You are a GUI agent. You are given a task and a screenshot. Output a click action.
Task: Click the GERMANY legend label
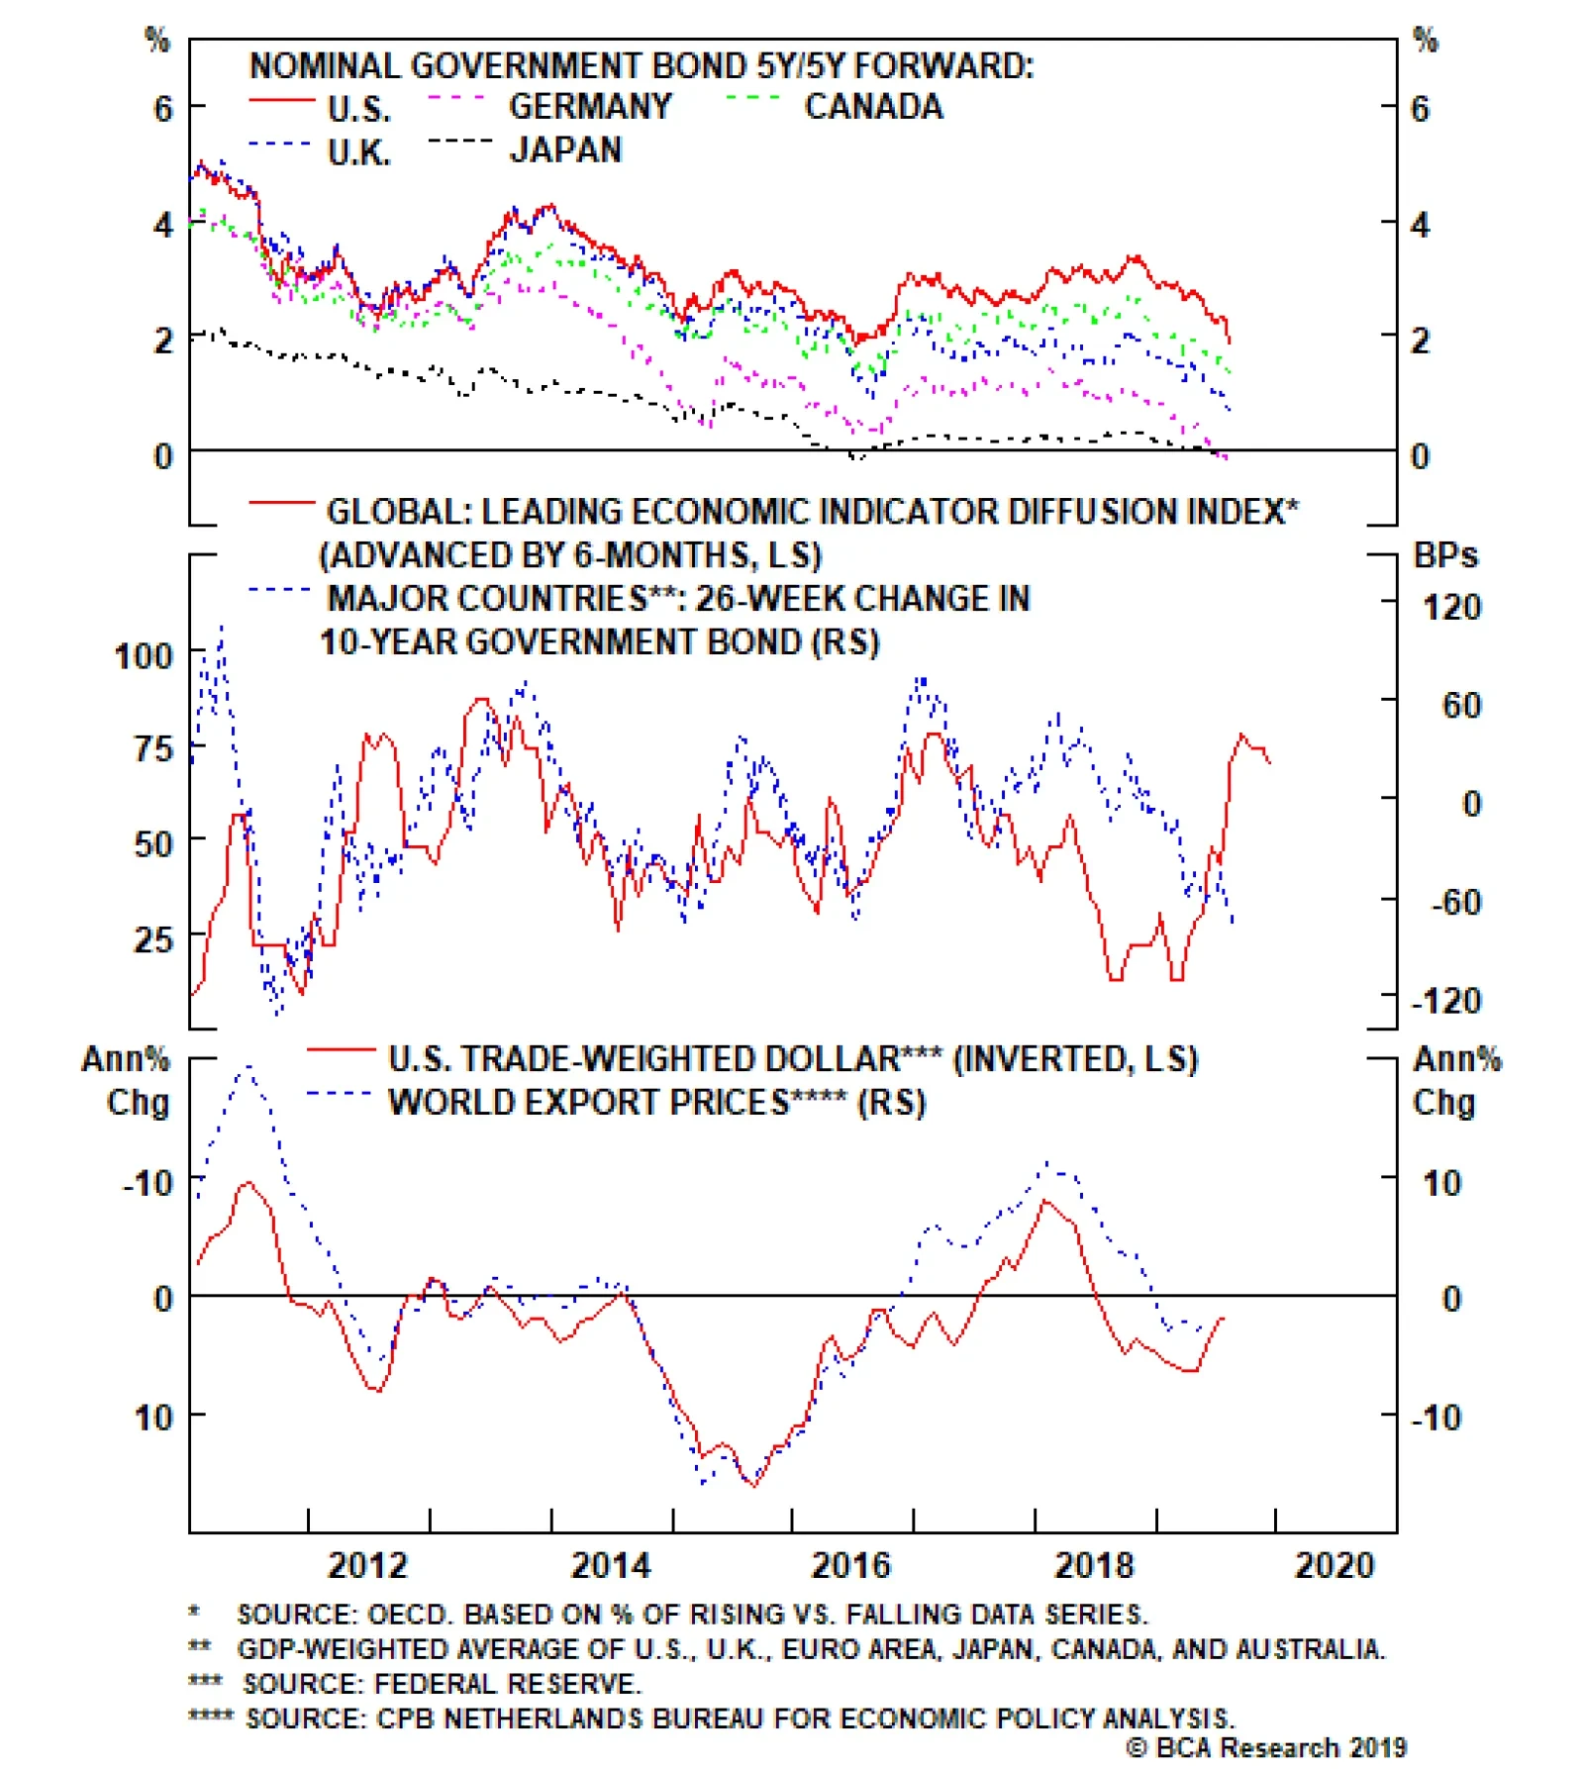tap(590, 106)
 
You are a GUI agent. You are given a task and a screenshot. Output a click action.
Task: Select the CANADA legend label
tap(873, 106)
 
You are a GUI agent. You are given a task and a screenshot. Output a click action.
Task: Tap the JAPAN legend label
tap(565, 149)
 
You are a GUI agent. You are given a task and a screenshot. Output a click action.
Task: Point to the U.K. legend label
tap(359, 152)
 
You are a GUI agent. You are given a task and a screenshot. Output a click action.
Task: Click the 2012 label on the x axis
tap(367, 1565)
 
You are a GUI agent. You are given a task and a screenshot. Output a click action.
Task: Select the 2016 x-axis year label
tap(850, 1565)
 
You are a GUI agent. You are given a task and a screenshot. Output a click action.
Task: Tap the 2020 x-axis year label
tap(1335, 1565)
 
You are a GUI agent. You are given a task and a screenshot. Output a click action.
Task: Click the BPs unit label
tap(1445, 555)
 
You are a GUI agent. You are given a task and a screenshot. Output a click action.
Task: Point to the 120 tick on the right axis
tap(1451, 606)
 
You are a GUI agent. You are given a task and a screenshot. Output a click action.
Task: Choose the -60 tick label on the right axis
tap(1455, 902)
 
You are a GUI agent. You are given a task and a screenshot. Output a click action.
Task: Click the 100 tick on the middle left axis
tap(144, 655)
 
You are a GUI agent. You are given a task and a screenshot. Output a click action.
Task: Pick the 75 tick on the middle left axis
tap(152, 748)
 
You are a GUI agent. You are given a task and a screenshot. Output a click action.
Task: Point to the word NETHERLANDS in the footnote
tap(511, 1718)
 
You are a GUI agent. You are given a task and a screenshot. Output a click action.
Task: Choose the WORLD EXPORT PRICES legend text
tap(589, 1102)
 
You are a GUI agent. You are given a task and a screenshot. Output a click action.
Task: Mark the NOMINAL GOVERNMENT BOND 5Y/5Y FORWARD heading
tap(641, 65)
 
